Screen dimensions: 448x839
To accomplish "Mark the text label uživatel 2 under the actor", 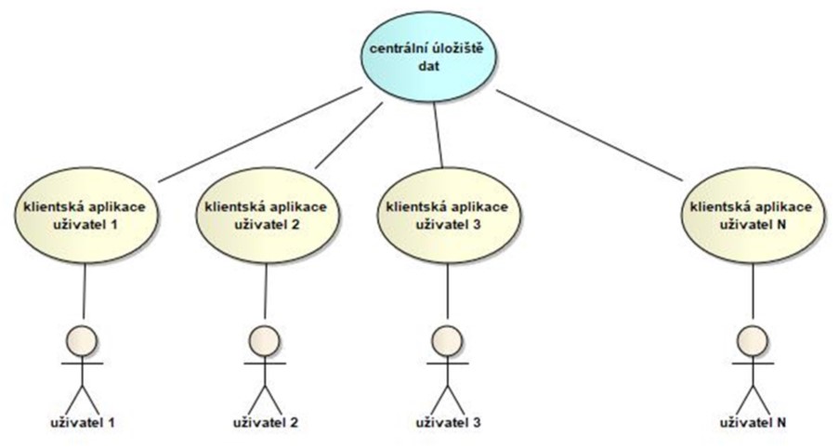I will point(266,424).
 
